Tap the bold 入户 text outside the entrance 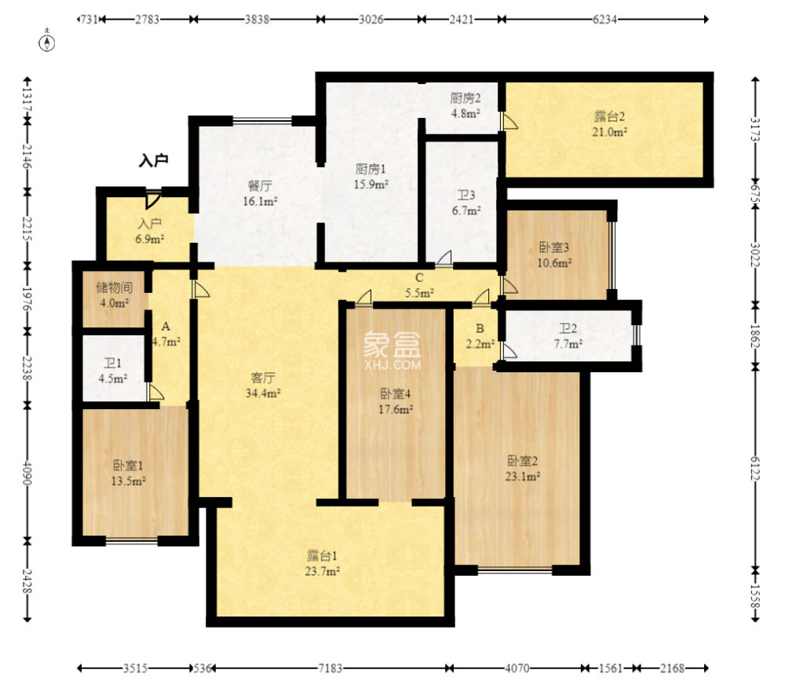point(153,160)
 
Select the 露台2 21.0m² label point(609,124)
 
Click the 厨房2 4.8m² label point(466,106)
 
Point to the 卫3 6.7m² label point(466,203)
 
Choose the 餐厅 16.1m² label point(260,194)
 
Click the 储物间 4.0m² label point(114,295)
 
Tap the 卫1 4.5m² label point(112,371)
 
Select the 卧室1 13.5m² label point(128,473)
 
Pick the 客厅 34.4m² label point(263,385)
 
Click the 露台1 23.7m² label point(323,563)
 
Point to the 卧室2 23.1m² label point(522,468)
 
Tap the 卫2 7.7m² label point(568,335)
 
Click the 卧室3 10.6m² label point(554,255)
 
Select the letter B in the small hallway point(480,328)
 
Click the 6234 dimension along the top point(604,19)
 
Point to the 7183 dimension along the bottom point(330,668)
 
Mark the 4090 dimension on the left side point(27,473)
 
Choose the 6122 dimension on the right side point(755,468)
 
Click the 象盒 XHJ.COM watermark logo point(392,351)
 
